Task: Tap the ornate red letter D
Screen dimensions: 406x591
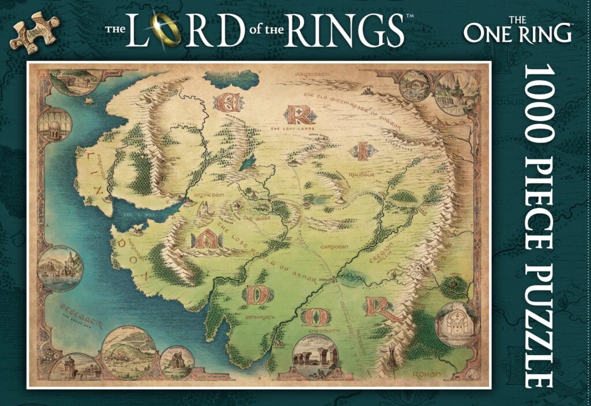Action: [x=257, y=295]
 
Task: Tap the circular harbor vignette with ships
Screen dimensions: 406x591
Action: [x=60, y=268]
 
